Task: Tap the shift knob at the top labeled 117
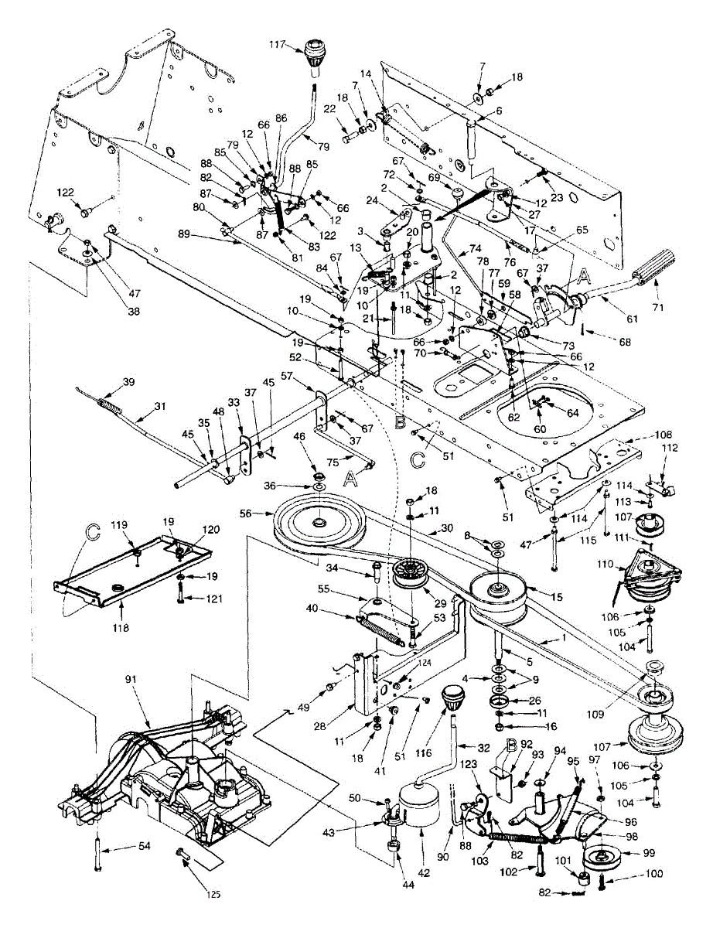315,53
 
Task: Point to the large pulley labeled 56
318,525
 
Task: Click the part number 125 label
214,894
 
